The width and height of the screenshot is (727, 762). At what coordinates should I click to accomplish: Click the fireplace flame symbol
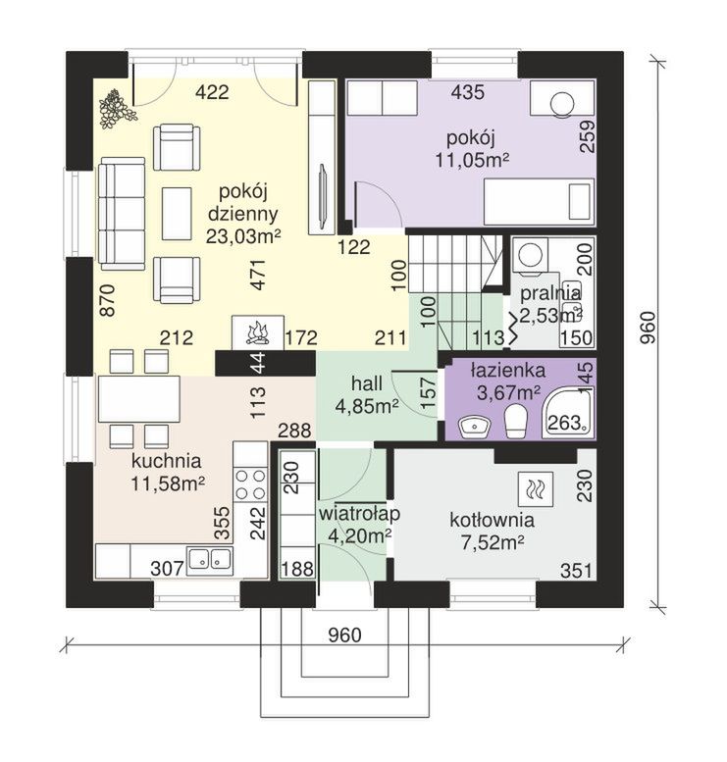[258, 332]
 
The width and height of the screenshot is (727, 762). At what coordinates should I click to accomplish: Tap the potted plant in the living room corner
[116, 109]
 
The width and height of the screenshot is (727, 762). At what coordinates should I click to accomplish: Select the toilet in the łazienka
[516, 422]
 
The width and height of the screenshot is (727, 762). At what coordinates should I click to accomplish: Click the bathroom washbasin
[475, 427]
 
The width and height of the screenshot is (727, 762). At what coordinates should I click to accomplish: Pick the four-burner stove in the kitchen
[250, 484]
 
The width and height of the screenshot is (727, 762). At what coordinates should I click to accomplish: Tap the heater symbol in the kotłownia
[536, 487]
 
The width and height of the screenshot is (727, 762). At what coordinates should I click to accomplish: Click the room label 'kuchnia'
[167, 461]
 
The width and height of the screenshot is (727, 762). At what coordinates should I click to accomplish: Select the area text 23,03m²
[243, 236]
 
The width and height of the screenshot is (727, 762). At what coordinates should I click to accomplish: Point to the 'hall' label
[366, 383]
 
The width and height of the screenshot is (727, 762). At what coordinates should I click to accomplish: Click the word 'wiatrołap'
[359, 514]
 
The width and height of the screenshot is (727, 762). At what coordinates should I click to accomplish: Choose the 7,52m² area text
[492, 542]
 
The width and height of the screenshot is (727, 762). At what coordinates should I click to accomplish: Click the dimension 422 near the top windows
[212, 92]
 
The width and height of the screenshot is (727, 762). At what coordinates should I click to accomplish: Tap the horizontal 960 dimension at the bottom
[344, 635]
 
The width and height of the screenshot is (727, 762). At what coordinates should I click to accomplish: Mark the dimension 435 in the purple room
[467, 92]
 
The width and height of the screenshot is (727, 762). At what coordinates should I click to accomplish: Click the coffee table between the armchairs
[177, 214]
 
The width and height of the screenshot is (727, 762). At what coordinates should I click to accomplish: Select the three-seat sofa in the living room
[122, 214]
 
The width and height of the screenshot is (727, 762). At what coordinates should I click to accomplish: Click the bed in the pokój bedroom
[539, 202]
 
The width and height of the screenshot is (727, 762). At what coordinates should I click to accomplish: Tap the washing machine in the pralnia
[529, 255]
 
